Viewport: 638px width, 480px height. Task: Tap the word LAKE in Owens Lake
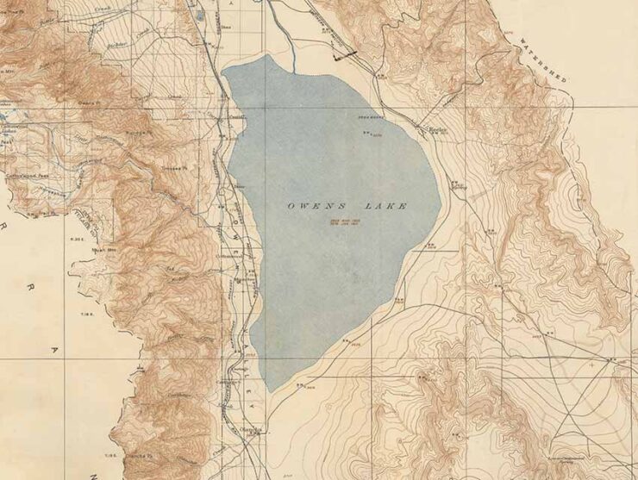pyautogui.click(x=385, y=207)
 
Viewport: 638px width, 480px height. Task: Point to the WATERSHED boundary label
pyautogui.click(x=542, y=61)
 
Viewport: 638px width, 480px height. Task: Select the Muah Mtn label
pyautogui.click(x=104, y=250)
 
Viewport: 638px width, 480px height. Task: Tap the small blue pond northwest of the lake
pyautogui.click(x=201, y=15)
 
